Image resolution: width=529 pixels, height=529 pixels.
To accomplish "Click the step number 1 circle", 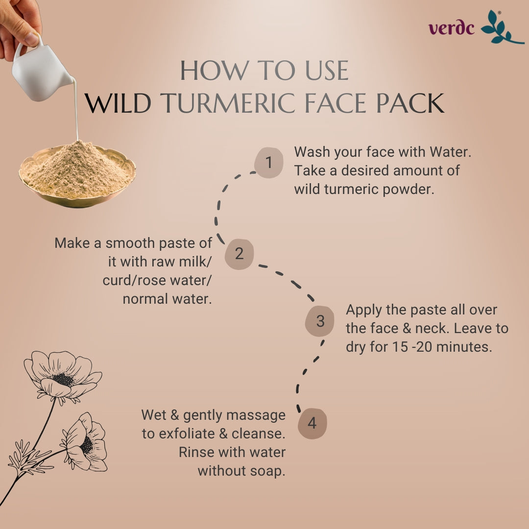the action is [x=268, y=162].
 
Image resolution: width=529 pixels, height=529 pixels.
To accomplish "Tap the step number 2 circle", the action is [x=239, y=254].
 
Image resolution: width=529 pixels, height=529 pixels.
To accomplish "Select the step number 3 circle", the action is [x=319, y=321].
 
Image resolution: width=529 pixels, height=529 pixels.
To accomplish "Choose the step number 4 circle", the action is [x=312, y=423].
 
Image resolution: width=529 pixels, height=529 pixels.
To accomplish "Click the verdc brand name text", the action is [x=452, y=28].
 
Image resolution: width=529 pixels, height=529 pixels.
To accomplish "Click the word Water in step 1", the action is [x=450, y=152].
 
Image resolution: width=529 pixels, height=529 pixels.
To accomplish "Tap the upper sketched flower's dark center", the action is [x=63, y=379].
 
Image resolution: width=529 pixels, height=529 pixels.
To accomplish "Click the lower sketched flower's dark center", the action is [x=87, y=445].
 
